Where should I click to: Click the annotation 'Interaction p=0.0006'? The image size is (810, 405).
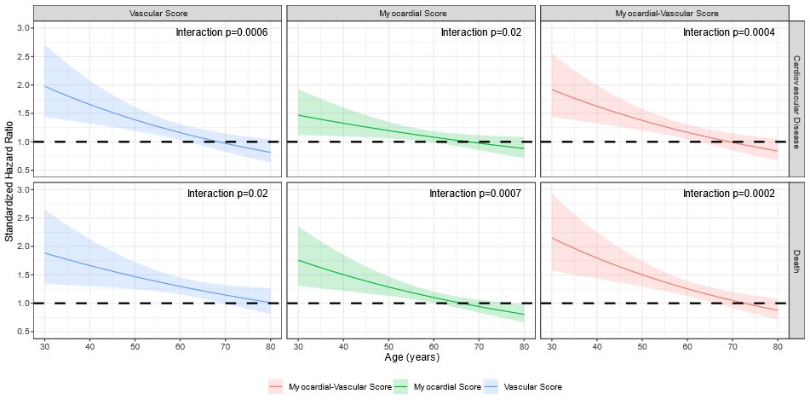coord(221,32)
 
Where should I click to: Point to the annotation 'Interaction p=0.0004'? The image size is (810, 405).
coord(729,32)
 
